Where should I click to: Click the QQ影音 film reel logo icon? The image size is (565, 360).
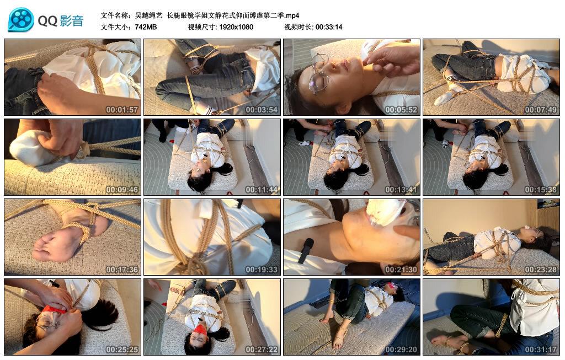[x=21, y=20]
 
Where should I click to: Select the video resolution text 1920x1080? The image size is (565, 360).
[x=236, y=27]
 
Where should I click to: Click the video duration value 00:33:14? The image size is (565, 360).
[x=329, y=27]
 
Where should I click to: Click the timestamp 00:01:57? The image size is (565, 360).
[x=122, y=110]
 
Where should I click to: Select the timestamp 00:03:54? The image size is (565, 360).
[x=262, y=110]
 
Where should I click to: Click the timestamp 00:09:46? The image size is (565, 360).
[x=122, y=190]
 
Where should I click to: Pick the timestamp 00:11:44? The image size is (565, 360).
[x=262, y=190]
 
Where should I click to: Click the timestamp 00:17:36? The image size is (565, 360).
[x=122, y=270]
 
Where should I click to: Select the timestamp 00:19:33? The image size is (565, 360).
[x=262, y=270]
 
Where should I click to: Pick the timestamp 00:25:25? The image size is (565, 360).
[x=122, y=350]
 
